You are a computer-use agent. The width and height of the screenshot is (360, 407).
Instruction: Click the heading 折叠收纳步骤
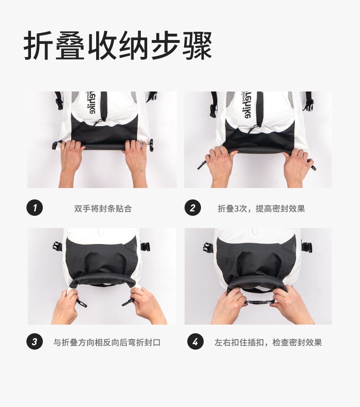click(x=118, y=46)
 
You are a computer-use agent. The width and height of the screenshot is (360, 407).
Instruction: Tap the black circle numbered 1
click(x=35, y=208)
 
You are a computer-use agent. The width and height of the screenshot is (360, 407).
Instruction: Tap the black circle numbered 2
click(x=192, y=208)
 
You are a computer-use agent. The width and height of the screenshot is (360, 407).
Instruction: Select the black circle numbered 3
click(x=35, y=341)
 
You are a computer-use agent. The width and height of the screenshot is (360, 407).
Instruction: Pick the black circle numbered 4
click(x=195, y=341)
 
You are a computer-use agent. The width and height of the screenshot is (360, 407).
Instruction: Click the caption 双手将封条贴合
click(x=103, y=209)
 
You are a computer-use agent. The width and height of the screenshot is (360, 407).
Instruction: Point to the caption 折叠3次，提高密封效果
click(x=261, y=209)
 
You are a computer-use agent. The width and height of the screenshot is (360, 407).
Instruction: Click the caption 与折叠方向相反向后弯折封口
click(x=107, y=342)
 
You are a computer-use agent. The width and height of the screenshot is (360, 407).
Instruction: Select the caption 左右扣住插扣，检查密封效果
click(x=268, y=342)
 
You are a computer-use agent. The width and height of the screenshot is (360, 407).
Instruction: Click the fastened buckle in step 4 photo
click(x=259, y=302)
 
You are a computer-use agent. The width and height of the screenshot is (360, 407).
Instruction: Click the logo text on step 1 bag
click(x=92, y=102)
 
